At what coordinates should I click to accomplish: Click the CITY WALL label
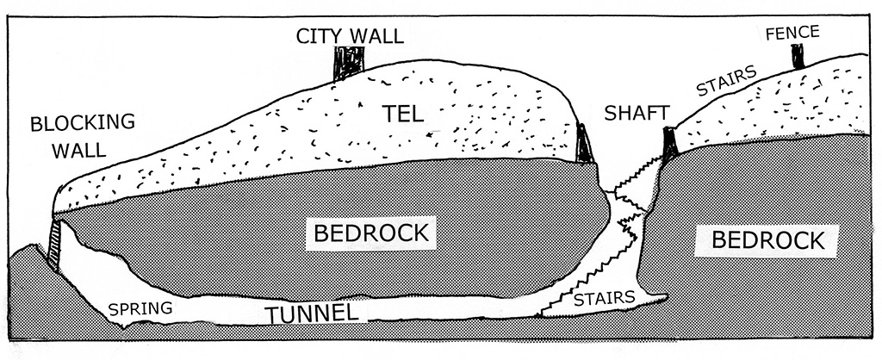point(350,36)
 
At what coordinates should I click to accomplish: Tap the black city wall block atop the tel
point(349,63)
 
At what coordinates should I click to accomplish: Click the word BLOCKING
point(83,122)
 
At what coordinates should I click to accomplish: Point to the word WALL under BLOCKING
point(78,151)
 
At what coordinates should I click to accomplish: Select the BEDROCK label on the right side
point(769,239)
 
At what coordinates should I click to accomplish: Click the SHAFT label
point(633,113)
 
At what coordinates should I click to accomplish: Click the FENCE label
point(792,33)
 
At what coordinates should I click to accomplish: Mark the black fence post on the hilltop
point(798,57)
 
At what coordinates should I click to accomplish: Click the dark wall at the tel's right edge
point(584,144)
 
